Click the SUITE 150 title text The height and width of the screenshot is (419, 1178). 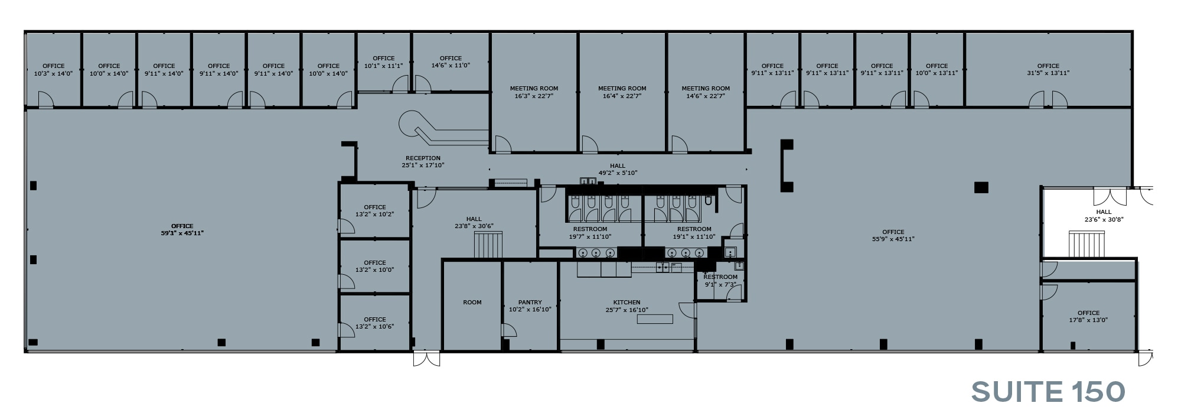click(1048, 392)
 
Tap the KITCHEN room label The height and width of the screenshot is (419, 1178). click(626, 303)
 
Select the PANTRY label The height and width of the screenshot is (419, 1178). click(530, 303)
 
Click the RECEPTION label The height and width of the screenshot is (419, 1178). click(423, 158)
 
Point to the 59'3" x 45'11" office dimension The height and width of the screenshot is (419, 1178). click(182, 233)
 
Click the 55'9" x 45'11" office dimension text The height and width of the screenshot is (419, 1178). click(893, 239)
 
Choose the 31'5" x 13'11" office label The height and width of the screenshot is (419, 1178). click(1048, 73)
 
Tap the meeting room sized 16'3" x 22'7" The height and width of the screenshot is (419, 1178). click(534, 92)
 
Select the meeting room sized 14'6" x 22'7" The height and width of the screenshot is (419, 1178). click(706, 92)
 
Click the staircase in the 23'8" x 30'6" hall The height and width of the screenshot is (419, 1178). click(489, 245)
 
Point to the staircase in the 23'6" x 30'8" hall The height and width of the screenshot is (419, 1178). click(1086, 245)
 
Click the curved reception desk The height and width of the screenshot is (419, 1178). click(437, 129)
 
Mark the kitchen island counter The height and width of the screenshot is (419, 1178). click(655, 319)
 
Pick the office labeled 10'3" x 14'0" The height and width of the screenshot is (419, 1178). click(53, 70)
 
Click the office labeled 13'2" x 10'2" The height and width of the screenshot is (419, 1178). click(374, 211)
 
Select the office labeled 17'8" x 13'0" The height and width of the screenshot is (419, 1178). click(1088, 317)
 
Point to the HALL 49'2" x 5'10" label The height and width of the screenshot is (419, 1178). click(618, 170)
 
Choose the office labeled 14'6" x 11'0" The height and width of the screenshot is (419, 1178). click(451, 62)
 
